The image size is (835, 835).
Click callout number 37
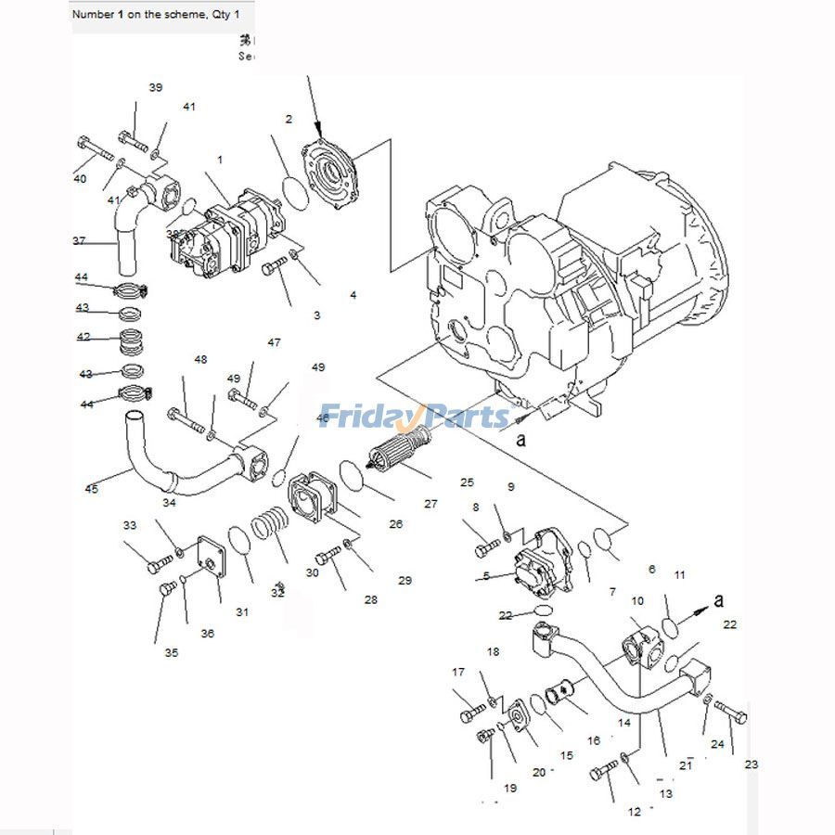coord(79,241)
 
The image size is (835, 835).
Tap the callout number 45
coord(91,490)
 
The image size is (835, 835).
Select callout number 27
coord(430,504)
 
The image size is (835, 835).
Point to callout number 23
coord(751,764)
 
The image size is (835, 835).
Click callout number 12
coord(634,812)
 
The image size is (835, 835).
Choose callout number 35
coord(172,652)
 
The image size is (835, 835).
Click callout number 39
coord(156,87)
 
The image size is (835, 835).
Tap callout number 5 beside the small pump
coord(485,576)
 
